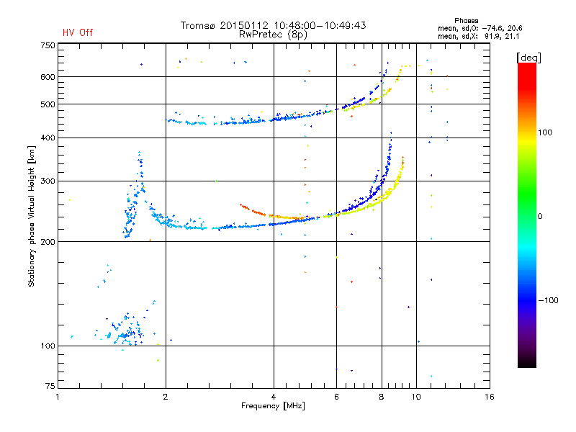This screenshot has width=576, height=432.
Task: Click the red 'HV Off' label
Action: click(78, 32)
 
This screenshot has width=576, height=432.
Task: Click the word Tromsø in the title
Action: click(198, 25)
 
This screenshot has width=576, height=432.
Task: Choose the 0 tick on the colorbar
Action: click(542, 216)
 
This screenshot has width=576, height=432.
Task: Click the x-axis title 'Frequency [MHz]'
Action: click(274, 407)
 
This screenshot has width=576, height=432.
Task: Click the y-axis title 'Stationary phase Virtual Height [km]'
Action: click(32, 216)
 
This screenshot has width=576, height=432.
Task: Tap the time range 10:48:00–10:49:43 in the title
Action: click(318, 25)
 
